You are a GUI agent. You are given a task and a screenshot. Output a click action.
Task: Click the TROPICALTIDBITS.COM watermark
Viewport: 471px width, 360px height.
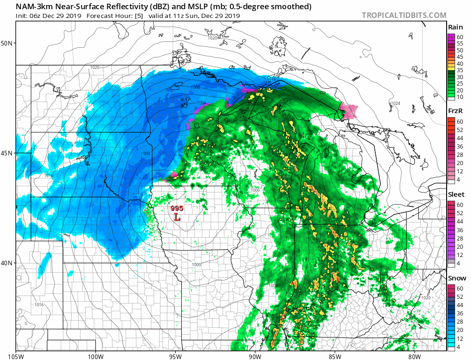pos(404,15)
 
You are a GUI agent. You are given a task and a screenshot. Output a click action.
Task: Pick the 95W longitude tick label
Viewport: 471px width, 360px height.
pos(175,356)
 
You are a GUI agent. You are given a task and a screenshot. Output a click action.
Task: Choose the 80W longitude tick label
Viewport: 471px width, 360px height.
pos(414,356)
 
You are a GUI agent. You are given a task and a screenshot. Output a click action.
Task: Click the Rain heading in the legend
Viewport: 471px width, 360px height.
pos(455,27)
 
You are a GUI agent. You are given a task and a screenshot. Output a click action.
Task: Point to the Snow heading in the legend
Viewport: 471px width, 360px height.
pos(457,278)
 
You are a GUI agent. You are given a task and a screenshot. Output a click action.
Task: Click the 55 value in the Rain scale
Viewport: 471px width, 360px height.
pos(460,43)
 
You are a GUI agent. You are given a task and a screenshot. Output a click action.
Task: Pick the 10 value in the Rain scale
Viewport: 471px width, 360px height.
pos(460,97)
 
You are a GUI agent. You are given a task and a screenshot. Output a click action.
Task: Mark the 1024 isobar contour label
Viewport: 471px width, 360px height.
pos(395,103)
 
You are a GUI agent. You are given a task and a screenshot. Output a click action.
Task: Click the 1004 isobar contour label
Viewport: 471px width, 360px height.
pos(189,103)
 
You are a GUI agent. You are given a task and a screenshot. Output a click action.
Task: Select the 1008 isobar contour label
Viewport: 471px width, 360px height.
pos(182,86)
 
